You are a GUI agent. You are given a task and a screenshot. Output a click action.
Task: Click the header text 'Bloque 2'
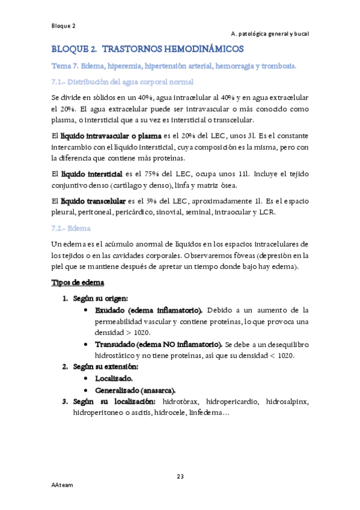[63, 26]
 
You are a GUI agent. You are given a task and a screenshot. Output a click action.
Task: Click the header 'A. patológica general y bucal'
[269, 34]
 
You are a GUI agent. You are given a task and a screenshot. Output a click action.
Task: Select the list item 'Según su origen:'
[99, 298]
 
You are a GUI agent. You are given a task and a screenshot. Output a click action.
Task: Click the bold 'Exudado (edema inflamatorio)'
[149, 310]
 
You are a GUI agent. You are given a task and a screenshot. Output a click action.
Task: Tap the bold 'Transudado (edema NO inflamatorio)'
[159, 345]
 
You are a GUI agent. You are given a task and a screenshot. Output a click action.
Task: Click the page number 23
[180, 477]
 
